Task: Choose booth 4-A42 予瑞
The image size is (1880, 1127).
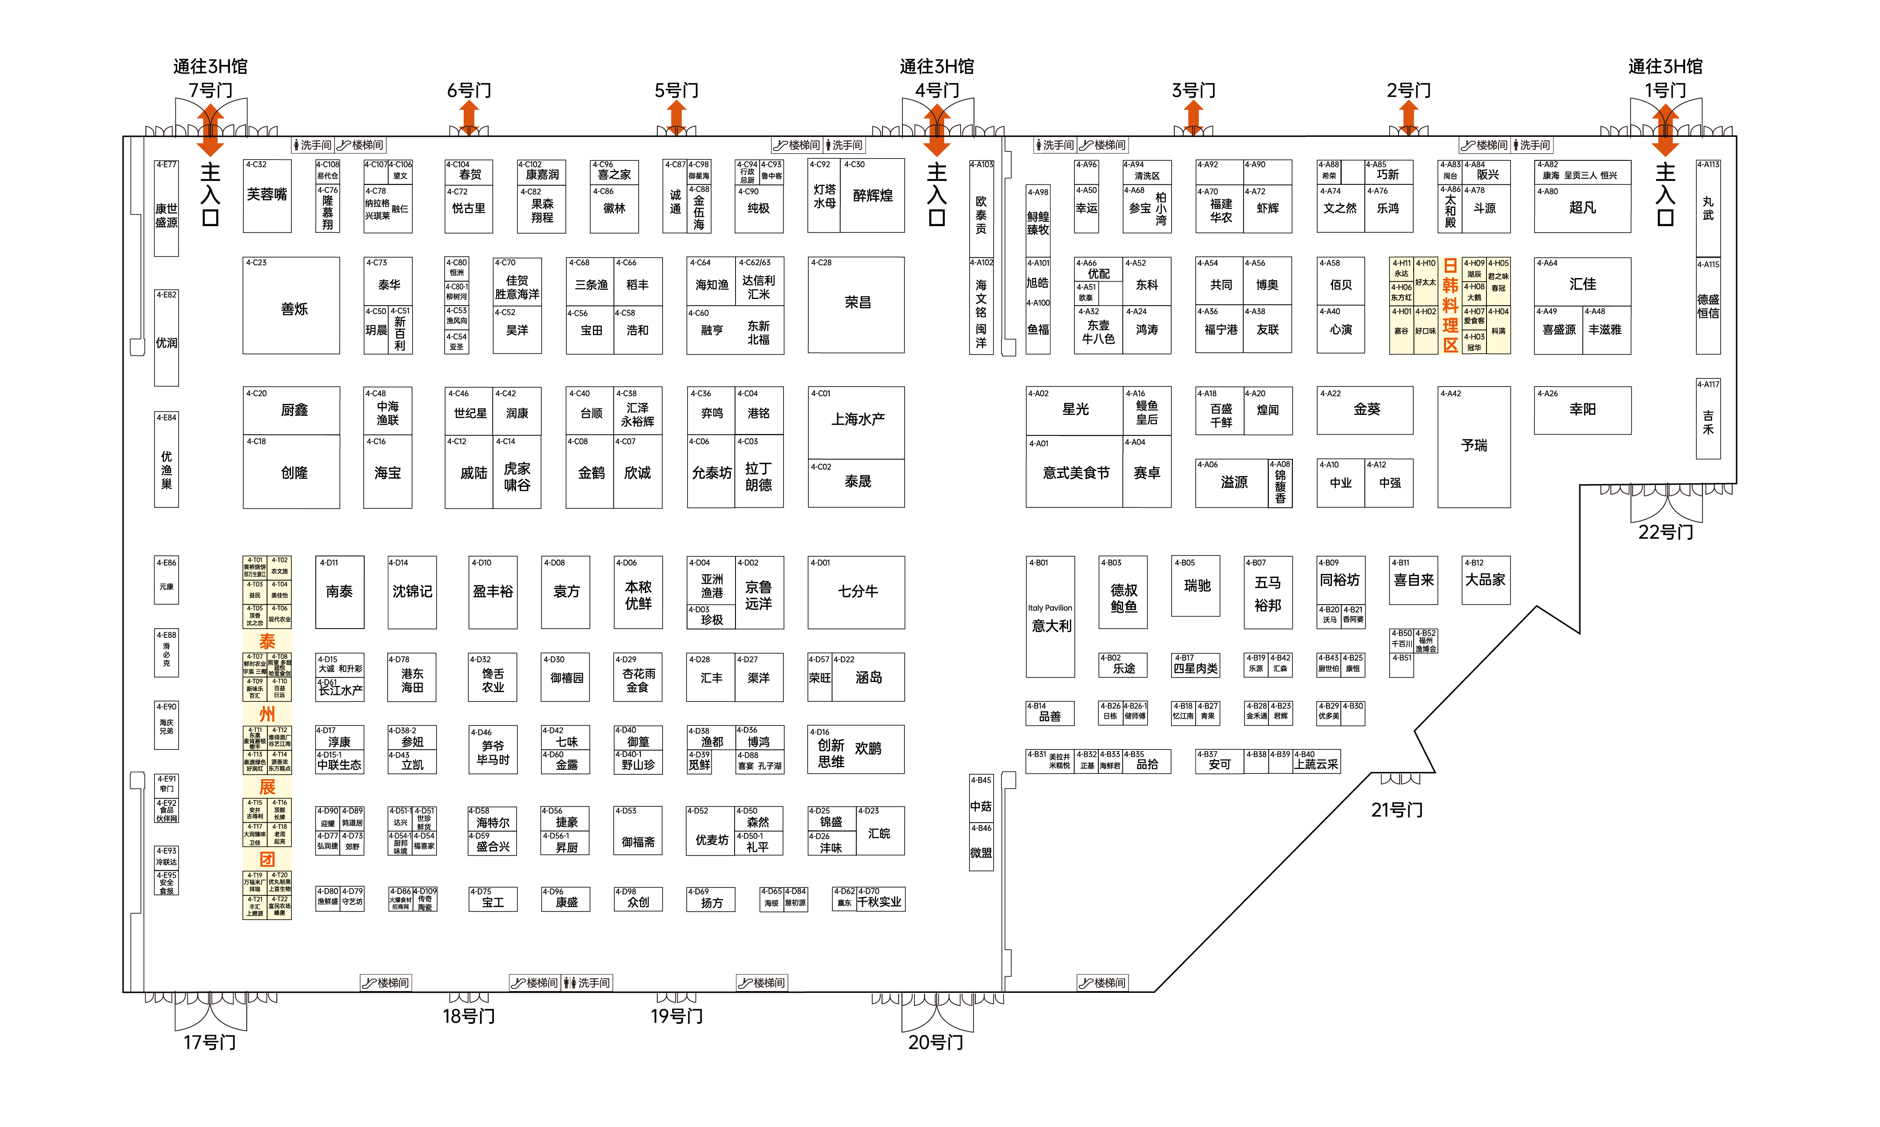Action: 1473,446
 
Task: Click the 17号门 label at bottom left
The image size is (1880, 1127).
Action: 210,1043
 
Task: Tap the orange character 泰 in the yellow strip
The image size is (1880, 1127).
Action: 267,642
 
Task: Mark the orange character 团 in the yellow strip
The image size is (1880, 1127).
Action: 267,860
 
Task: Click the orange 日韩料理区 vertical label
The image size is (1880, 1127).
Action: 1450,305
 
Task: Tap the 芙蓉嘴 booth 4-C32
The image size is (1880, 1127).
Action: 267,195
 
